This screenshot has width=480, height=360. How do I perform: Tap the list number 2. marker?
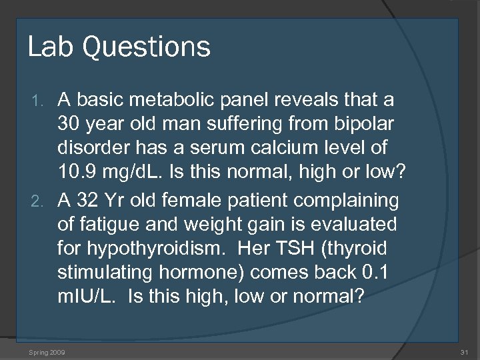pos(39,201)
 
